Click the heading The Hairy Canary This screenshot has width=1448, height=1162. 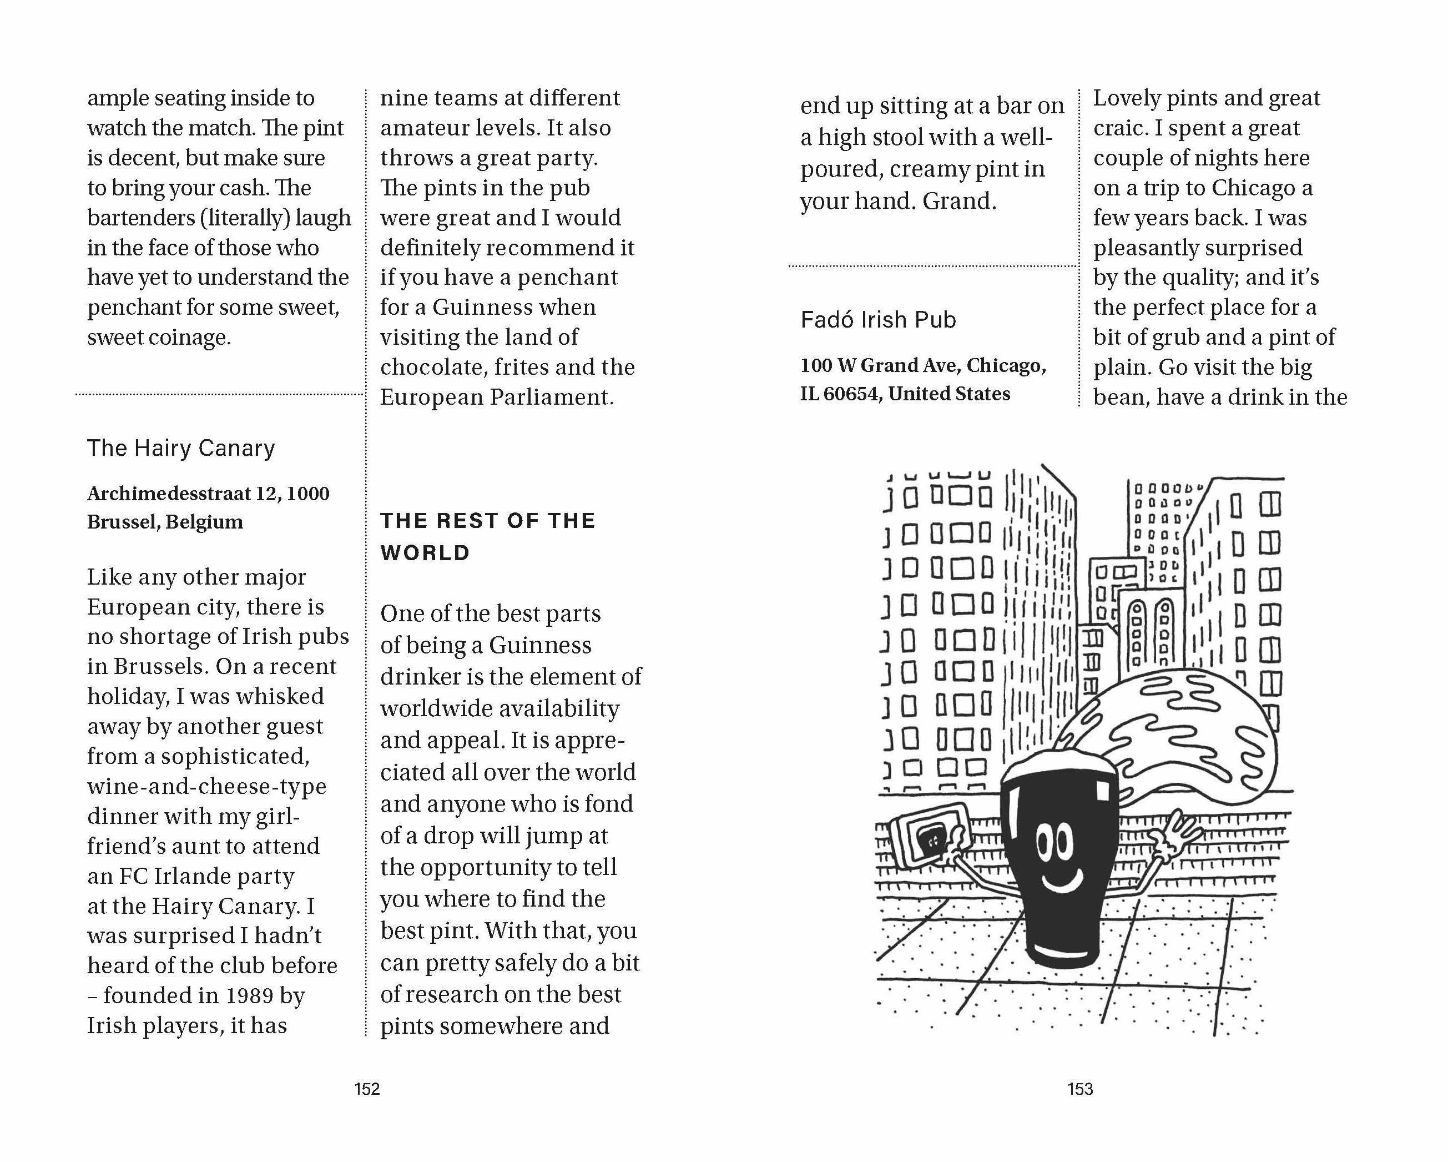[x=181, y=448]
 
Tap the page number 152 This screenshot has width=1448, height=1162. [x=367, y=1089]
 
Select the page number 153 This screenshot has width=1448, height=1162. [x=1080, y=1089]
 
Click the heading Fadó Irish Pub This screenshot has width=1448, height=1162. [x=878, y=320]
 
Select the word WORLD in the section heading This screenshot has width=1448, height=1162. [x=425, y=553]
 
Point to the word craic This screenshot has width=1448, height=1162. [x=1119, y=128]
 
